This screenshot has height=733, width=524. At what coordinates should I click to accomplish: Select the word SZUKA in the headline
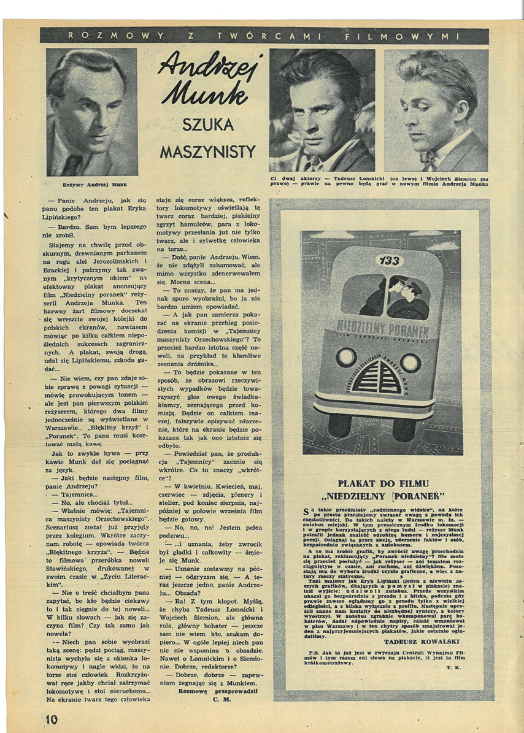click(208, 125)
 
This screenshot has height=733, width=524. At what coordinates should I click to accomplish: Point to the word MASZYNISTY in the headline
click(208, 150)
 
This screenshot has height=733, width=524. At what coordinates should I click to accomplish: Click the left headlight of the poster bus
click(347, 356)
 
